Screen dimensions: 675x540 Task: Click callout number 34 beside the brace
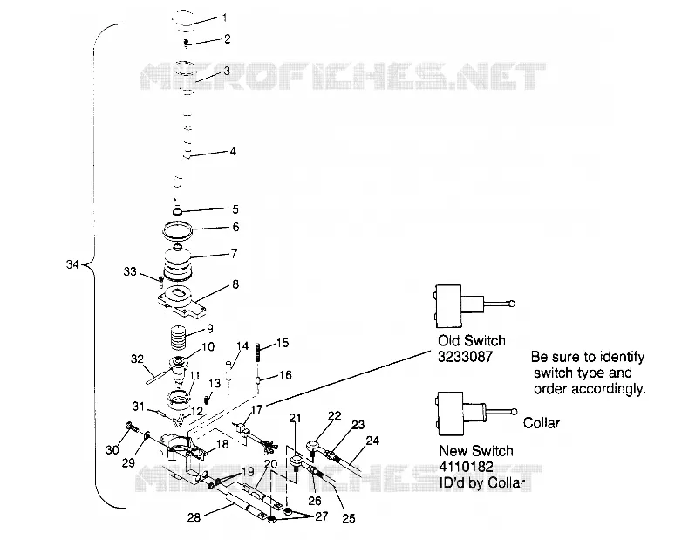click(x=72, y=264)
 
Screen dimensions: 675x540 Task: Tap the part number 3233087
click(x=465, y=357)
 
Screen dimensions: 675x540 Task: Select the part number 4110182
click(x=467, y=467)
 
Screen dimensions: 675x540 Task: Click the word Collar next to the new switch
click(x=542, y=423)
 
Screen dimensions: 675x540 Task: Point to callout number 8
click(x=235, y=284)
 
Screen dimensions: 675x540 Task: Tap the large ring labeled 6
click(x=177, y=230)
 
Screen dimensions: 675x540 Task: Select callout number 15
click(x=283, y=343)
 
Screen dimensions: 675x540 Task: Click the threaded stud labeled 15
click(x=258, y=353)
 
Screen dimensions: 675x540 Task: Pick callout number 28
click(x=194, y=516)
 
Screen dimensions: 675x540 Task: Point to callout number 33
click(x=130, y=271)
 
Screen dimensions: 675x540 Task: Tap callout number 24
click(x=372, y=441)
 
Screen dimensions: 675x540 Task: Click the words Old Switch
click(x=472, y=340)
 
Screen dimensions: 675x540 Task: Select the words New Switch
click(x=476, y=451)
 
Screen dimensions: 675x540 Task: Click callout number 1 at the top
click(x=225, y=17)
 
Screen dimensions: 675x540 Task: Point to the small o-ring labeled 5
click(x=177, y=211)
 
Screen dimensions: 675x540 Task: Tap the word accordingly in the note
click(x=590, y=389)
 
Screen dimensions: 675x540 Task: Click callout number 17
click(x=256, y=409)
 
